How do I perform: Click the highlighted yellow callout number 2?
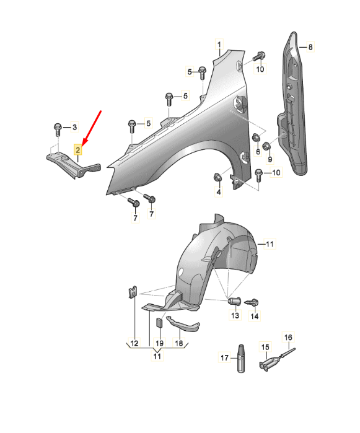[78, 150]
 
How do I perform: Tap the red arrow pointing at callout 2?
[92, 128]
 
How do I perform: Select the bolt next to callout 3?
[58, 129]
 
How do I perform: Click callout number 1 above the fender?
[219, 45]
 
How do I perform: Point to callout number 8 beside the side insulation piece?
[310, 47]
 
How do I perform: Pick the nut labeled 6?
[257, 138]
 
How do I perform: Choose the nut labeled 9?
[266, 146]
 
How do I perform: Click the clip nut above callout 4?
[218, 177]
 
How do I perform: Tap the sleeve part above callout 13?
[235, 300]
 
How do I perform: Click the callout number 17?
[224, 358]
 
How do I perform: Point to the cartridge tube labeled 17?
[241, 359]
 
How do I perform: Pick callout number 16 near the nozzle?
[288, 337]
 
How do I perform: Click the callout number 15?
[265, 348]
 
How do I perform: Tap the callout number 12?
[134, 343]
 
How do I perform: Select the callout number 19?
[159, 343]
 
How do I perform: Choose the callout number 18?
[179, 343]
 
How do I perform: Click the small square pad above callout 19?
[160, 322]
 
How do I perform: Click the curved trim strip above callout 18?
[184, 324]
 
